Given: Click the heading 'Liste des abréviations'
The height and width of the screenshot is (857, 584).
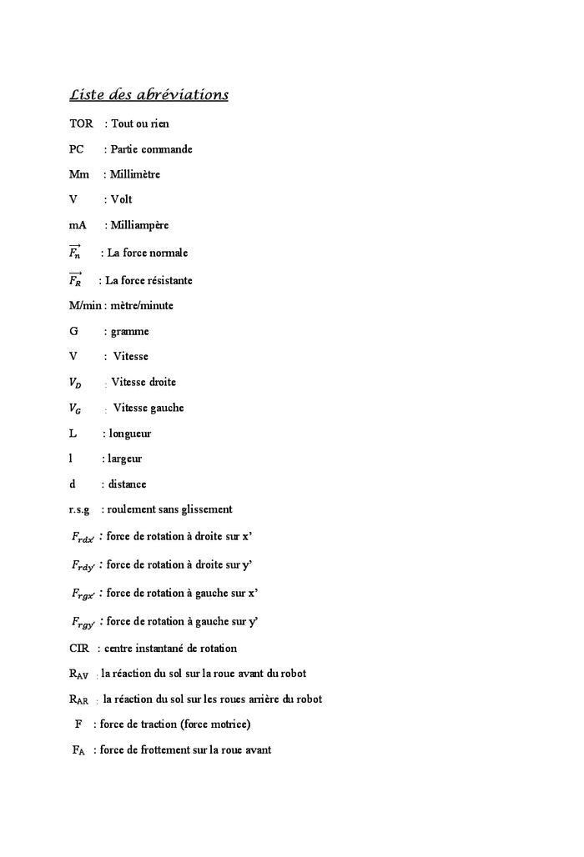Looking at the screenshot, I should [149, 95].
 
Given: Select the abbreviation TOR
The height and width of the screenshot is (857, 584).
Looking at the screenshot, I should [81, 124].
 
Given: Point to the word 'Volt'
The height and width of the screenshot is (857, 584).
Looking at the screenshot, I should [122, 200].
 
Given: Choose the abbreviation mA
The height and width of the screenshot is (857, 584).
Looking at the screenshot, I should [78, 225].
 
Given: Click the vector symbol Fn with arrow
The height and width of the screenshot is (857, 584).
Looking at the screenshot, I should [75, 252].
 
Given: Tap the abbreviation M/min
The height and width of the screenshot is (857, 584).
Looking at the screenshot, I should [84, 306].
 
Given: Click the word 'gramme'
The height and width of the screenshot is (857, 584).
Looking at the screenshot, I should [130, 332].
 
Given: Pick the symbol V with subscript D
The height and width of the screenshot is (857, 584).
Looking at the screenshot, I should [75, 383].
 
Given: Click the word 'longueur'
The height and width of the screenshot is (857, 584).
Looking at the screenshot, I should [130, 434].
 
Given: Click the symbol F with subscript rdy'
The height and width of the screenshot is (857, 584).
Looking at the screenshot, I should [83, 566].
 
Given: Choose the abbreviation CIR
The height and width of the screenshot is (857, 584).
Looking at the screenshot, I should [79, 649].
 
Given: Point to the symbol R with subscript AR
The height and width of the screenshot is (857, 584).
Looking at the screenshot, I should [79, 700].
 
